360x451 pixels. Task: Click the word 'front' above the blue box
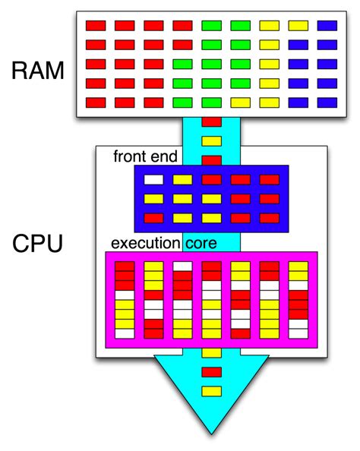(x=130, y=157)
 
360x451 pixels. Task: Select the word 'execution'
(x=145, y=244)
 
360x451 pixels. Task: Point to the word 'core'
(x=201, y=244)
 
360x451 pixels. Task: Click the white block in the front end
(x=153, y=180)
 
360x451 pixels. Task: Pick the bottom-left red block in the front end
(x=153, y=218)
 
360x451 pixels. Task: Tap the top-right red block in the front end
(x=270, y=180)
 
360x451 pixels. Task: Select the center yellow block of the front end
(x=211, y=199)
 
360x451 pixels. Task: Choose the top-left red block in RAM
(x=95, y=25)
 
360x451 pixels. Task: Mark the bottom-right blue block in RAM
(x=327, y=102)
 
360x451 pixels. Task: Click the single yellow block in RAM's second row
(x=270, y=44)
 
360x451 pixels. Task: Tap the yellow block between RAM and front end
(x=212, y=140)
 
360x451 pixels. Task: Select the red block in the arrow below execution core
(x=212, y=371)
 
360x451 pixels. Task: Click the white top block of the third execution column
(x=182, y=266)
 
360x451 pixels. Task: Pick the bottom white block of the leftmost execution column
(x=125, y=333)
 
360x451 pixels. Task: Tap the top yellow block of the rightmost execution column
(x=298, y=266)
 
